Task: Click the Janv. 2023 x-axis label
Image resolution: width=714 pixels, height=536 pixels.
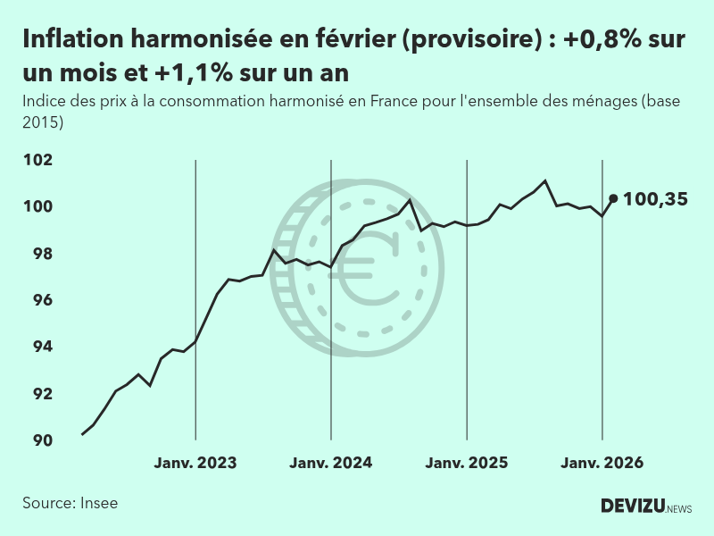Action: pos(195,463)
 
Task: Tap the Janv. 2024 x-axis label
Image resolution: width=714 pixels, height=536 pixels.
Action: pos(331,463)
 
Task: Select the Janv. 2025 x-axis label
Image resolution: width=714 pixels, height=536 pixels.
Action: pos(467,463)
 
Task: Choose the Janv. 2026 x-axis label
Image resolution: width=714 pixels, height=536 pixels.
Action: pos(602,463)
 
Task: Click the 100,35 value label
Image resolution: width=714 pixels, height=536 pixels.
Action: pos(655,199)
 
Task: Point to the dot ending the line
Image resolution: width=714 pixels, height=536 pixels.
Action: pos(613,198)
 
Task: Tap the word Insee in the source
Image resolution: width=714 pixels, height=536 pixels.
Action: pos(98,503)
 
